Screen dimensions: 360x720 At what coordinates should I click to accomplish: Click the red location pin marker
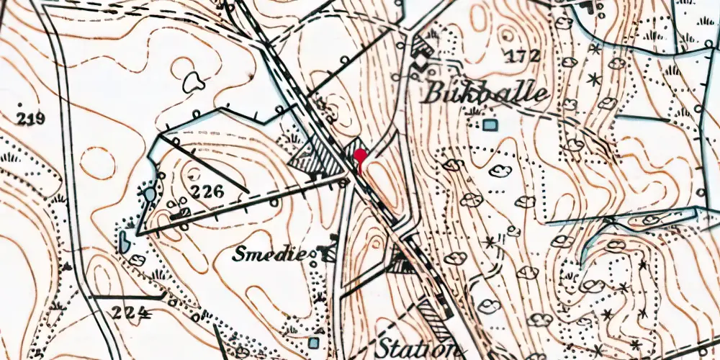359,157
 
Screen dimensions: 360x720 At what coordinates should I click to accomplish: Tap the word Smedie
274,253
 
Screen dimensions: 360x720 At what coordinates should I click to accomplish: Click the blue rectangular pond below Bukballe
490,125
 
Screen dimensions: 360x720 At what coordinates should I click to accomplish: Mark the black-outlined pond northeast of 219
193,82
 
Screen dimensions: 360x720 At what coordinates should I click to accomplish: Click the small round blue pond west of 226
148,194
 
